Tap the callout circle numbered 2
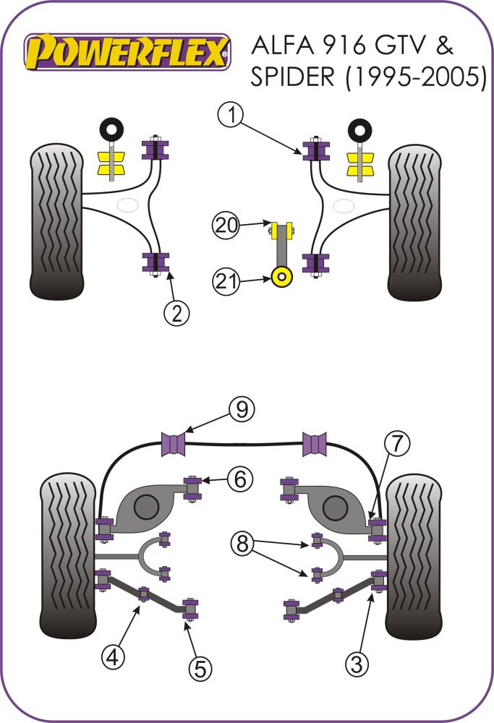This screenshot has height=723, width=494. (x=177, y=313)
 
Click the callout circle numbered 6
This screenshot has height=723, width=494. (x=240, y=478)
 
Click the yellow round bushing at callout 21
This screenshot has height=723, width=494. (x=283, y=276)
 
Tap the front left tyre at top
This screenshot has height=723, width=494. (x=56, y=221)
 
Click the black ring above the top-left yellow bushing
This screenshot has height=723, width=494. (x=111, y=131)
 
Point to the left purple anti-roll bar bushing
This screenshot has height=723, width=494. (x=173, y=443)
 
